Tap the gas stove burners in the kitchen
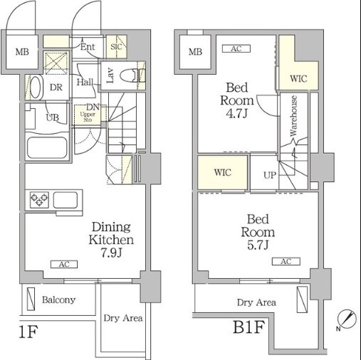click(x=39, y=199)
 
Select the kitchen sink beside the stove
click(x=66, y=200)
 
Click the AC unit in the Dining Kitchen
click(x=64, y=264)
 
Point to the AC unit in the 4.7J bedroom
click(x=236, y=48)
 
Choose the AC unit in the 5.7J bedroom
click(x=286, y=261)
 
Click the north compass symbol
click(x=347, y=319)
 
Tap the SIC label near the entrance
click(x=116, y=47)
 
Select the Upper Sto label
click(x=88, y=117)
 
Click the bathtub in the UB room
click(x=47, y=147)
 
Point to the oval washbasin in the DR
click(x=36, y=87)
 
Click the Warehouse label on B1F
click(x=293, y=116)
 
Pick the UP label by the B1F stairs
click(x=270, y=175)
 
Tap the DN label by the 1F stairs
click(x=93, y=107)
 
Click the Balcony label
click(x=58, y=300)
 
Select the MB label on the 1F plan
click(x=22, y=52)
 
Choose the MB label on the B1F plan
click(x=195, y=52)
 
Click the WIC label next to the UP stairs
click(x=223, y=172)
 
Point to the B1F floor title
click(x=248, y=327)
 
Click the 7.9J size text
click(x=111, y=253)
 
